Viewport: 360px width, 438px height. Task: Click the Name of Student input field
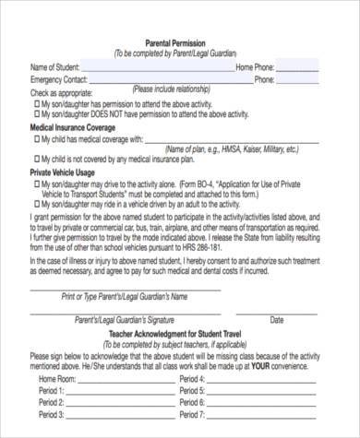[x=157, y=67]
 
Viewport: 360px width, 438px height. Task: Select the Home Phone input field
[x=297, y=67]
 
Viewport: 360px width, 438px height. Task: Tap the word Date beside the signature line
[x=277, y=320]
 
